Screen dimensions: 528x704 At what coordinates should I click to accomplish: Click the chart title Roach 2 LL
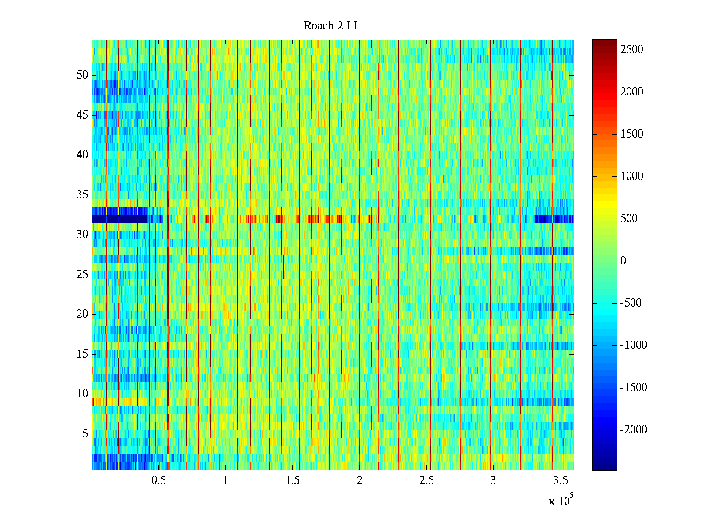point(332,26)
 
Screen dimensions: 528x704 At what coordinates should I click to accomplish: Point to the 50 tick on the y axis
point(82,75)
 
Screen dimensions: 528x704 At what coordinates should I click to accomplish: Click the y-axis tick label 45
point(82,115)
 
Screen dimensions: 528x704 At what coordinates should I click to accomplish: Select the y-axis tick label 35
point(82,195)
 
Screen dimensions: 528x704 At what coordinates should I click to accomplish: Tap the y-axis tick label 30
point(82,235)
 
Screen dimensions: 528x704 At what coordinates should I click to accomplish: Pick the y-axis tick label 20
point(82,314)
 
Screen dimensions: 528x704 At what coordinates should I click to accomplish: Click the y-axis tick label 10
point(82,394)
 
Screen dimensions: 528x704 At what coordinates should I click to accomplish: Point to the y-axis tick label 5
point(85,434)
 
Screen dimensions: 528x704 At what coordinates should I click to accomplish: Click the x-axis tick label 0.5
point(159,480)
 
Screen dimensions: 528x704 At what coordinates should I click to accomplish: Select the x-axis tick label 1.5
point(293,480)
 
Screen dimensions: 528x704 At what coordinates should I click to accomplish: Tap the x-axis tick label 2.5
point(426,480)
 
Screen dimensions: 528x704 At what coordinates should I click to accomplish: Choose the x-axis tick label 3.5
point(560,480)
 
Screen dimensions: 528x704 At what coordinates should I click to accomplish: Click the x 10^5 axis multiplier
point(561,501)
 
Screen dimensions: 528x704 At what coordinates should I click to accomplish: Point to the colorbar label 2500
point(632,50)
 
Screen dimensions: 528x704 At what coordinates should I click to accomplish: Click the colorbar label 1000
point(632,176)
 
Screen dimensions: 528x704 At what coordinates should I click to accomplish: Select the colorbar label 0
point(623,261)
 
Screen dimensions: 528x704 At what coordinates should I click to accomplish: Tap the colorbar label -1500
point(634,388)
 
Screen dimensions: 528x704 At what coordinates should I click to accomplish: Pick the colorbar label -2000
point(634,430)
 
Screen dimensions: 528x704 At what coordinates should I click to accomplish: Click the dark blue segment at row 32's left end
point(119,219)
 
